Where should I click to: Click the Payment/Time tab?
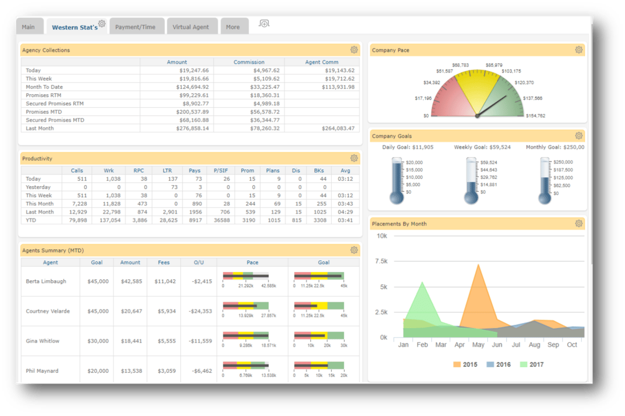click(135, 27)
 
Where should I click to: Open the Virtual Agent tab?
click(191, 27)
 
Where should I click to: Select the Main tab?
click(28, 27)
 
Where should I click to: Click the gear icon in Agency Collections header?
click(354, 50)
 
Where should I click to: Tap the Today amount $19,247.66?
click(194, 71)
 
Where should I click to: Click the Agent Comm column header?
click(322, 62)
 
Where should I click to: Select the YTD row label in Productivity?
click(31, 220)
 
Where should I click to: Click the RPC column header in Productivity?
click(139, 171)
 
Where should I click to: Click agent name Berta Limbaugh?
click(46, 281)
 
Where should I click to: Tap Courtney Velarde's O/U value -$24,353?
click(201, 311)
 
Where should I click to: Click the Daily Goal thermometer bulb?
click(397, 197)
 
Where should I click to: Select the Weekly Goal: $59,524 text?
click(482, 147)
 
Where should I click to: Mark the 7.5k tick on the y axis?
click(381, 262)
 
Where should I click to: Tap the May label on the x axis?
click(478, 345)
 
